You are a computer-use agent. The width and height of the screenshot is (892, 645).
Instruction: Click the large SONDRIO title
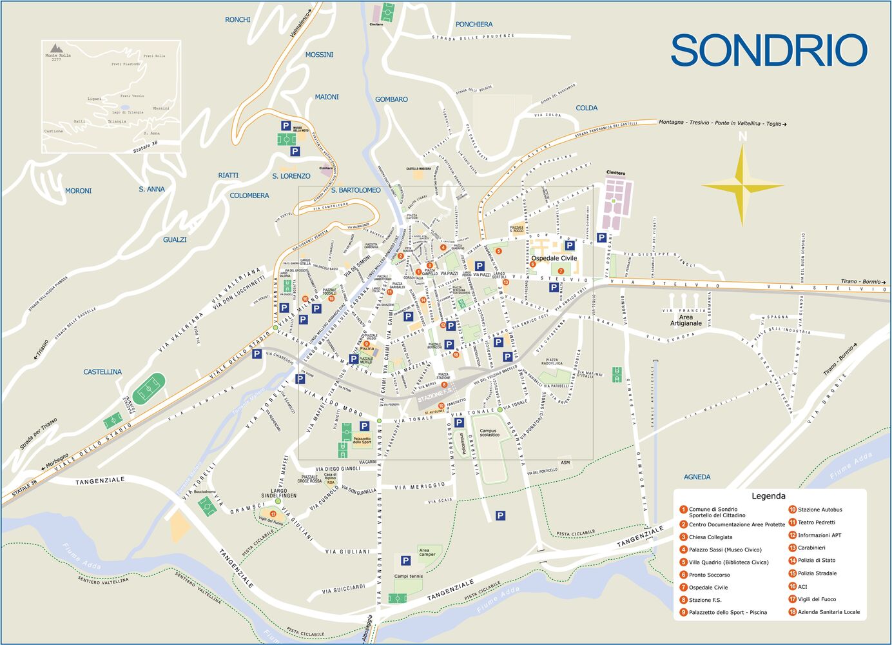pyautogui.click(x=769, y=51)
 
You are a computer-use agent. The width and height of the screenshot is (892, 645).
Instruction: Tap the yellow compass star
pyautogui.click(x=742, y=186)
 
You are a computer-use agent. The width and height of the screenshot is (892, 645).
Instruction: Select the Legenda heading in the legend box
pyautogui.click(x=768, y=496)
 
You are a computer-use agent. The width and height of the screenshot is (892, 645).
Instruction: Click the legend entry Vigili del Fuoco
pyautogui.click(x=817, y=599)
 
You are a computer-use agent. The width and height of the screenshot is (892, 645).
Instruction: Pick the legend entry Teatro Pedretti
pyautogui.click(x=816, y=522)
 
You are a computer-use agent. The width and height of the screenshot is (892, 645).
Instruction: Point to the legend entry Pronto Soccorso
pyautogui.click(x=709, y=575)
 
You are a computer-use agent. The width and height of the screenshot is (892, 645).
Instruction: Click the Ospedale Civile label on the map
pyautogui.click(x=554, y=258)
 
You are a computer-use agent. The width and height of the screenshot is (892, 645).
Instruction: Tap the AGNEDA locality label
pyautogui.click(x=697, y=477)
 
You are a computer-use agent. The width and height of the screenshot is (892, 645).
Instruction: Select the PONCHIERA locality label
pyautogui.click(x=474, y=25)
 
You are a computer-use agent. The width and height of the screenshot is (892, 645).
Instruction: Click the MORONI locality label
pyautogui.click(x=78, y=191)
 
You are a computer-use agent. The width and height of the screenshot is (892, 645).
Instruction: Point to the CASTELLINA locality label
pyautogui.click(x=102, y=372)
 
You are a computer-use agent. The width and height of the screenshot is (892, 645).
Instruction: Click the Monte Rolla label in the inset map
pyautogui.click(x=58, y=55)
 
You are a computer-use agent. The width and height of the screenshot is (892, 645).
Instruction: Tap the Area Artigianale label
pyautogui.click(x=686, y=320)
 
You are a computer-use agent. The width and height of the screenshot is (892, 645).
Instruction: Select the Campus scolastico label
pyautogui.click(x=489, y=432)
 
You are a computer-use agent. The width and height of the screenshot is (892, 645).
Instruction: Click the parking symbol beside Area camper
pyautogui.click(x=405, y=561)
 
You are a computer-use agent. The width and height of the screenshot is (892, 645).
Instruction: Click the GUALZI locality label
pyautogui.click(x=175, y=239)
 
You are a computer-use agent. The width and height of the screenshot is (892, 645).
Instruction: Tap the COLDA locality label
pyautogui.click(x=587, y=108)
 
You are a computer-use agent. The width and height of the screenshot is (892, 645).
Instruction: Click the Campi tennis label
pyautogui.click(x=408, y=577)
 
